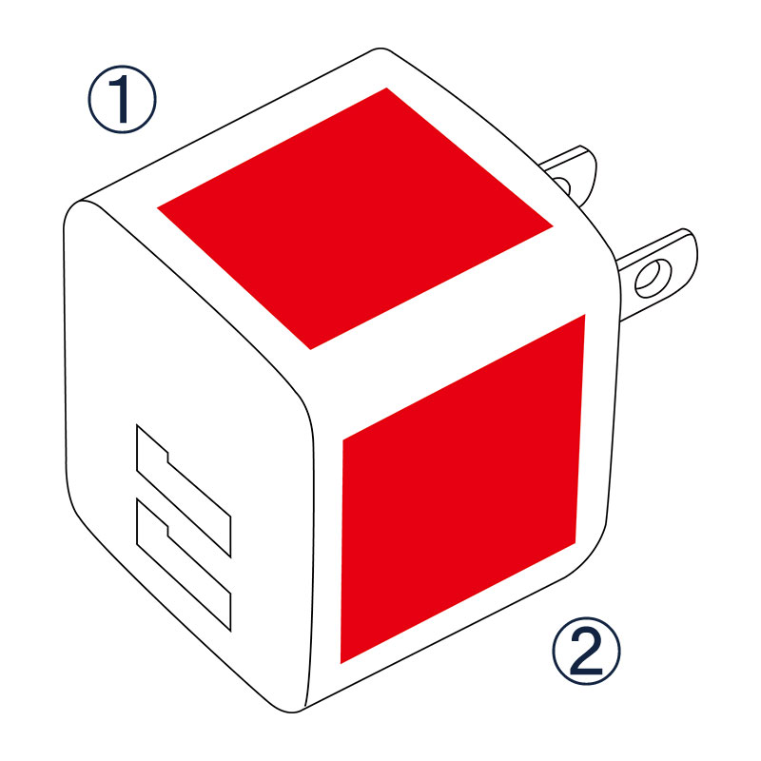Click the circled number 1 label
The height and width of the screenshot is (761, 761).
point(123,100)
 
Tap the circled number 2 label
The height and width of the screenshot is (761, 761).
point(586,651)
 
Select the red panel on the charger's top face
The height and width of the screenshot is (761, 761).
point(355,219)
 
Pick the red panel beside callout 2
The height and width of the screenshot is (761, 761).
point(462,489)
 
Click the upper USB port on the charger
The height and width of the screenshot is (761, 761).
point(184,491)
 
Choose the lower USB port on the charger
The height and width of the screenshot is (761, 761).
point(184,565)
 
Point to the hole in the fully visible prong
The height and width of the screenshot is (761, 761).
point(654,279)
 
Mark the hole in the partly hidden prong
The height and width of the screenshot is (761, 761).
point(562,185)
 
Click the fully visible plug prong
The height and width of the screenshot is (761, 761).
point(657,274)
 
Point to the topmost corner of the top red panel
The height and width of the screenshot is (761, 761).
point(387,88)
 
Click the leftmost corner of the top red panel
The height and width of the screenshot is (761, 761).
point(157,207)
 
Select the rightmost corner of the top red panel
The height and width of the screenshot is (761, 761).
point(554,226)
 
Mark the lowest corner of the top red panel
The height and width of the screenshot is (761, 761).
point(311,349)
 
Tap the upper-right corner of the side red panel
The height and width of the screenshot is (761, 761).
point(585,315)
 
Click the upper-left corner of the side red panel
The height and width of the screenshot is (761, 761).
point(343,440)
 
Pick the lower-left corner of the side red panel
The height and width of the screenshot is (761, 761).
point(341,663)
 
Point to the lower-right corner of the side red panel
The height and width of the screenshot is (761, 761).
point(576,543)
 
